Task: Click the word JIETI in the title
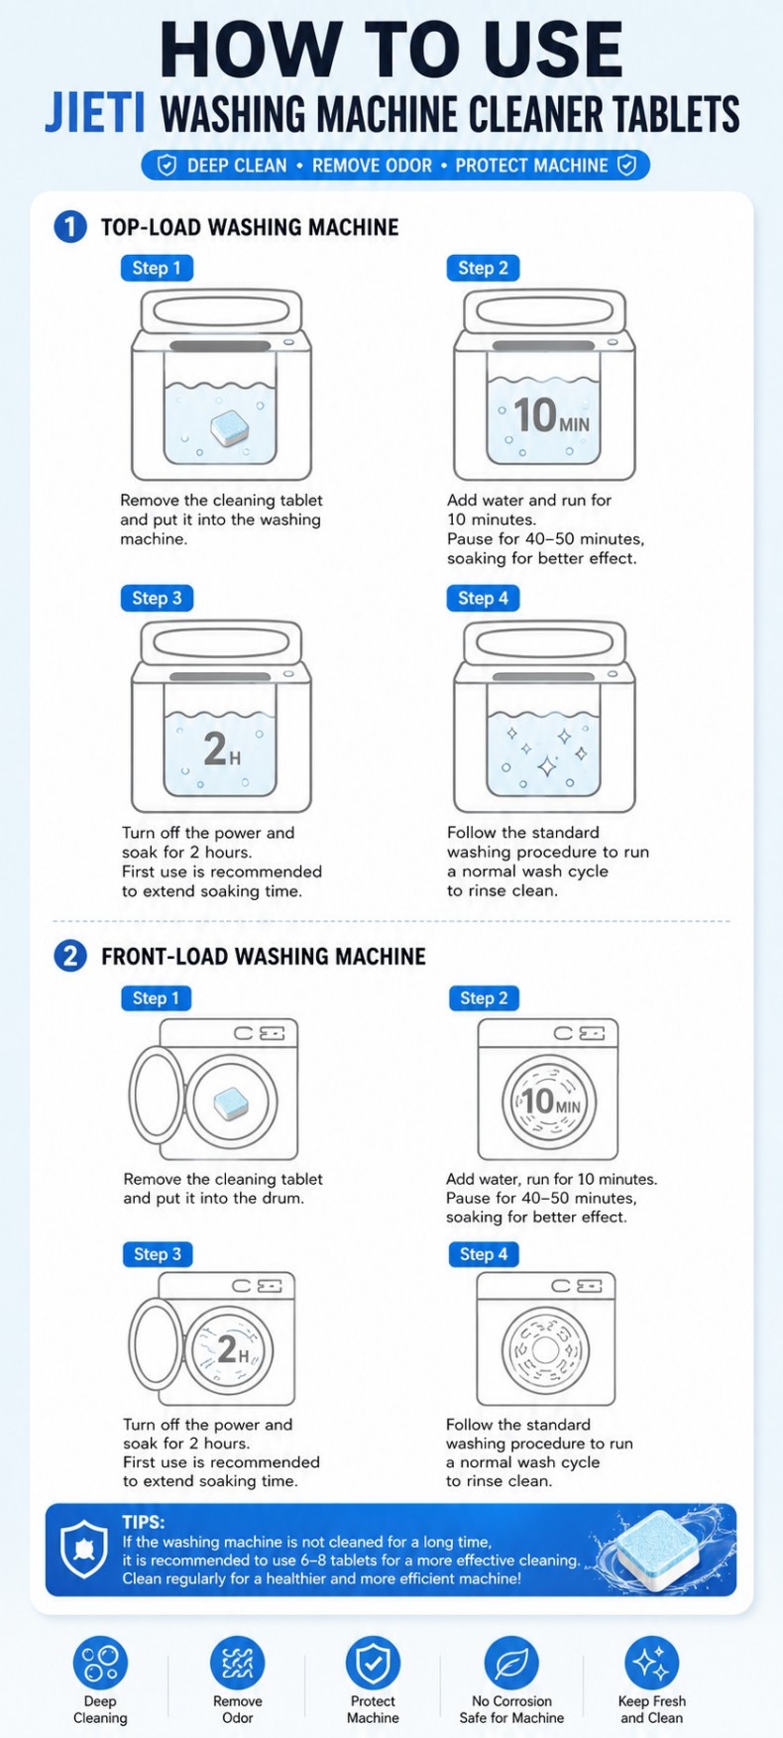pyautogui.click(x=95, y=113)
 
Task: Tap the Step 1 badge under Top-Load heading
pyautogui.click(x=157, y=268)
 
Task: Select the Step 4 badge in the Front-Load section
pyautogui.click(x=484, y=1254)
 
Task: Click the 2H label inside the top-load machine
pyautogui.click(x=221, y=749)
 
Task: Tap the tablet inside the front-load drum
pyautogui.click(x=231, y=1101)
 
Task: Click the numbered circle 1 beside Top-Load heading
pyautogui.click(x=69, y=227)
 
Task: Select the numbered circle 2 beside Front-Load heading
pyautogui.click(x=69, y=957)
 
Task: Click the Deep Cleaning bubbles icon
pyautogui.click(x=100, y=1663)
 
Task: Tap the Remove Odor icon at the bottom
pyautogui.click(x=237, y=1663)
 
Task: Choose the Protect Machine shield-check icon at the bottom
pyautogui.click(x=373, y=1663)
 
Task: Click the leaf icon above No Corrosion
pyautogui.click(x=511, y=1663)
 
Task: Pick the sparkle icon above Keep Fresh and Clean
pyautogui.click(x=651, y=1663)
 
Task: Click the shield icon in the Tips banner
pyautogui.click(x=84, y=1550)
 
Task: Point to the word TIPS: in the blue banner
pyautogui.click(x=144, y=1522)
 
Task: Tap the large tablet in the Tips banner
pyautogui.click(x=659, y=1550)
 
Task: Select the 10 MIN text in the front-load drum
pyautogui.click(x=550, y=1101)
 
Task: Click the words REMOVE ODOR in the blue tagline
pyautogui.click(x=373, y=166)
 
